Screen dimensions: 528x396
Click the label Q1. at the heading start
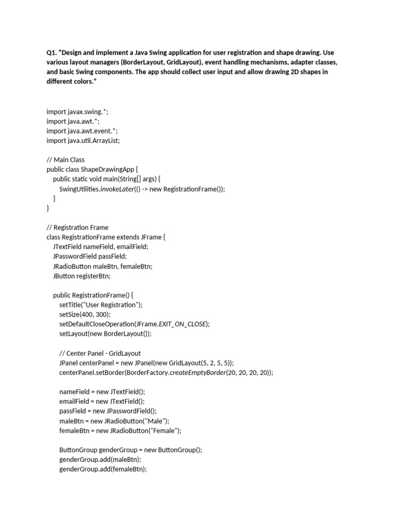coord(53,53)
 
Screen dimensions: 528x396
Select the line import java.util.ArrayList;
coord(83,140)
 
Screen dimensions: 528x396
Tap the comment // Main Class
coord(65,160)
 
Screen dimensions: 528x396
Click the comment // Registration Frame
coord(77,227)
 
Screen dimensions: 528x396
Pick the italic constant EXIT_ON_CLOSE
coord(182,324)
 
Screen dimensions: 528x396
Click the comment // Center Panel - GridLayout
coord(100,353)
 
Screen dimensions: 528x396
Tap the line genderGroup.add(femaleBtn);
coord(103,469)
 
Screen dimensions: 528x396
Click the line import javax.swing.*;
coord(77,111)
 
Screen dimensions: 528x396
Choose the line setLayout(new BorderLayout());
coord(105,334)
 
